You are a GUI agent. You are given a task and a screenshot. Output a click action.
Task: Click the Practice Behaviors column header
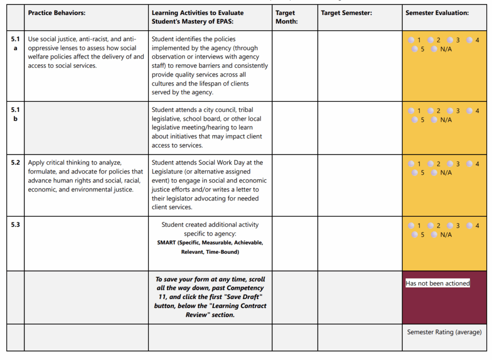pyautogui.click(x=57, y=13)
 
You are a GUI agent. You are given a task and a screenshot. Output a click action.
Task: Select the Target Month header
pyautogui.click(x=285, y=17)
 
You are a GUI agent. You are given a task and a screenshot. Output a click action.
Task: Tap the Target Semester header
pyautogui.click(x=346, y=13)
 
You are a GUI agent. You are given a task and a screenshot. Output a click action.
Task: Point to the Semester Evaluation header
pyautogui.click(x=437, y=13)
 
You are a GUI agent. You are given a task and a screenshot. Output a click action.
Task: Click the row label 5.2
pyautogui.click(x=15, y=163)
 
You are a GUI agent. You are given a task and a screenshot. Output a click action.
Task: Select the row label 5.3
pyautogui.click(x=15, y=224)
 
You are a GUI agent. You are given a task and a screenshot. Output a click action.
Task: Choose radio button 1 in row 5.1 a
pyautogui.click(x=411, y=40)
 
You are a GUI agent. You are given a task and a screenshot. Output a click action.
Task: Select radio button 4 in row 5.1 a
pyautogui.click(x=469, y=40)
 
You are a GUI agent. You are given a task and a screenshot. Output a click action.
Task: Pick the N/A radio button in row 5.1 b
pyautogui.click(x=434, y=120)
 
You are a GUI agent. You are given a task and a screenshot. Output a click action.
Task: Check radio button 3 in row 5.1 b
pyautogui.click(x=450, y=111)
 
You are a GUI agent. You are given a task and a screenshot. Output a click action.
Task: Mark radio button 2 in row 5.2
pyautogui.click(x=430, y=164)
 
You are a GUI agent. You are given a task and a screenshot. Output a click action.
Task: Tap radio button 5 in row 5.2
pyautogui.click(x=415, y=173)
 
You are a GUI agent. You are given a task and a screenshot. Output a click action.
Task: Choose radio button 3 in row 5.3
pyautogui.click(x=450, y=225)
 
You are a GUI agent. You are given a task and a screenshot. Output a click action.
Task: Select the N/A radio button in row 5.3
pyautogui.click(x=434, y=235)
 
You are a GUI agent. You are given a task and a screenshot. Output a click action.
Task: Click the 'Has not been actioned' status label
pyautogui.click(x=438, y=284)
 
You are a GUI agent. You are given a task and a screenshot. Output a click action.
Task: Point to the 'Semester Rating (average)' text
pyautogui.click(x=444, y=332)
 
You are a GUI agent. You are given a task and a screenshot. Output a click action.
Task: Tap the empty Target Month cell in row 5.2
pyautogui.click(x=295, y=186)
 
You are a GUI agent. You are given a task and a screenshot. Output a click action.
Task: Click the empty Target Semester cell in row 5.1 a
pyautogui.click(x=359, y=66)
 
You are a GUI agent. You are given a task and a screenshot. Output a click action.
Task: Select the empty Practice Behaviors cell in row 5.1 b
pyautogui.click(x=86, y=128)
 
